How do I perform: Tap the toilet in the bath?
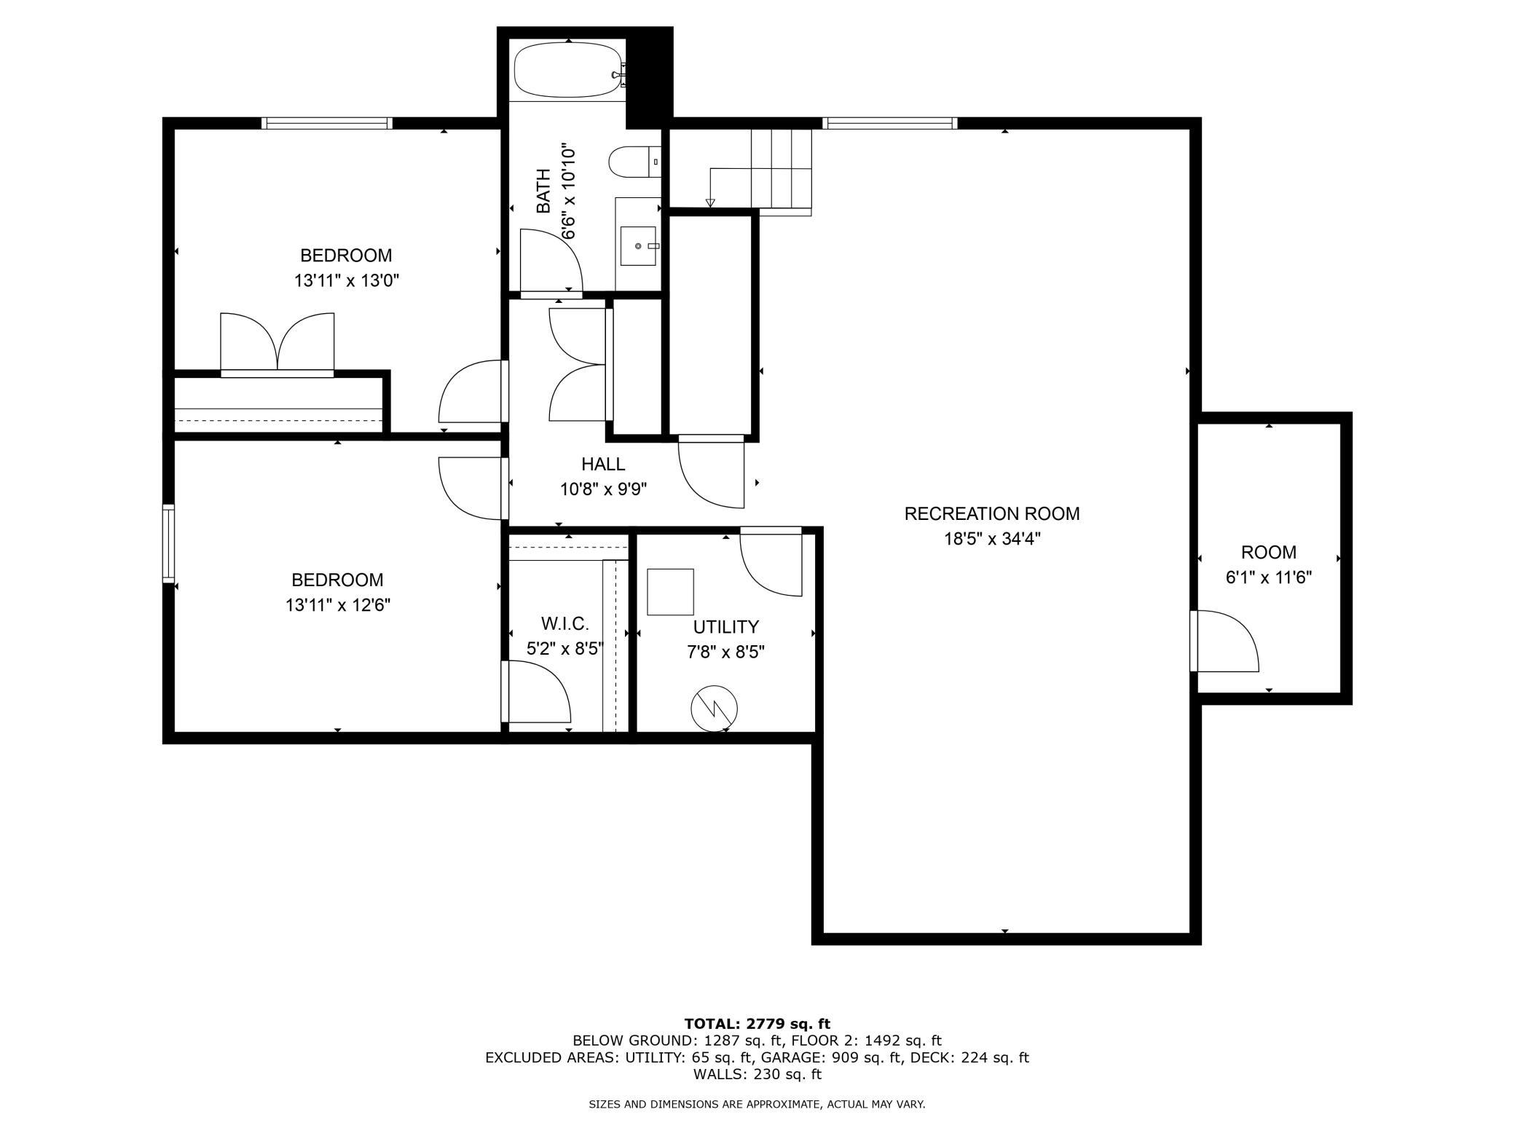click(x=634, y=162)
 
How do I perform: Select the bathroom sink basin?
click(x=638, y=246)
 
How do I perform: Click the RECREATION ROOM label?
click(x=992, y=513)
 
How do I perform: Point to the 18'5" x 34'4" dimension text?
click(x=992, y=539)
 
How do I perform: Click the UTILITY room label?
click(x=725, y=626)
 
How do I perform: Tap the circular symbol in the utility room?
click(x=714, y=708)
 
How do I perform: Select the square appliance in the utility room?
click(x=670, y=592)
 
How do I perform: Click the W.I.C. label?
click(x=565, y=623)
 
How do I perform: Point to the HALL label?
click(x=603, y=464)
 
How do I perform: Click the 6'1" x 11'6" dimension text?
click(x=1269, y=577)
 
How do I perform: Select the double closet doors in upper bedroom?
click(x=277, y=344)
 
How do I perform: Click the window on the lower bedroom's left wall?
click(x=168, y=543)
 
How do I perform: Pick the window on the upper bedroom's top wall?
click(x=327, y=123)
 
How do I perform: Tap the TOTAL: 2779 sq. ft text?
click(x=757, y=1024)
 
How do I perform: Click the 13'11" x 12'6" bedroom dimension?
click(x=338, y=604)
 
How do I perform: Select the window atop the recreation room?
click(x=889, y=123)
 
